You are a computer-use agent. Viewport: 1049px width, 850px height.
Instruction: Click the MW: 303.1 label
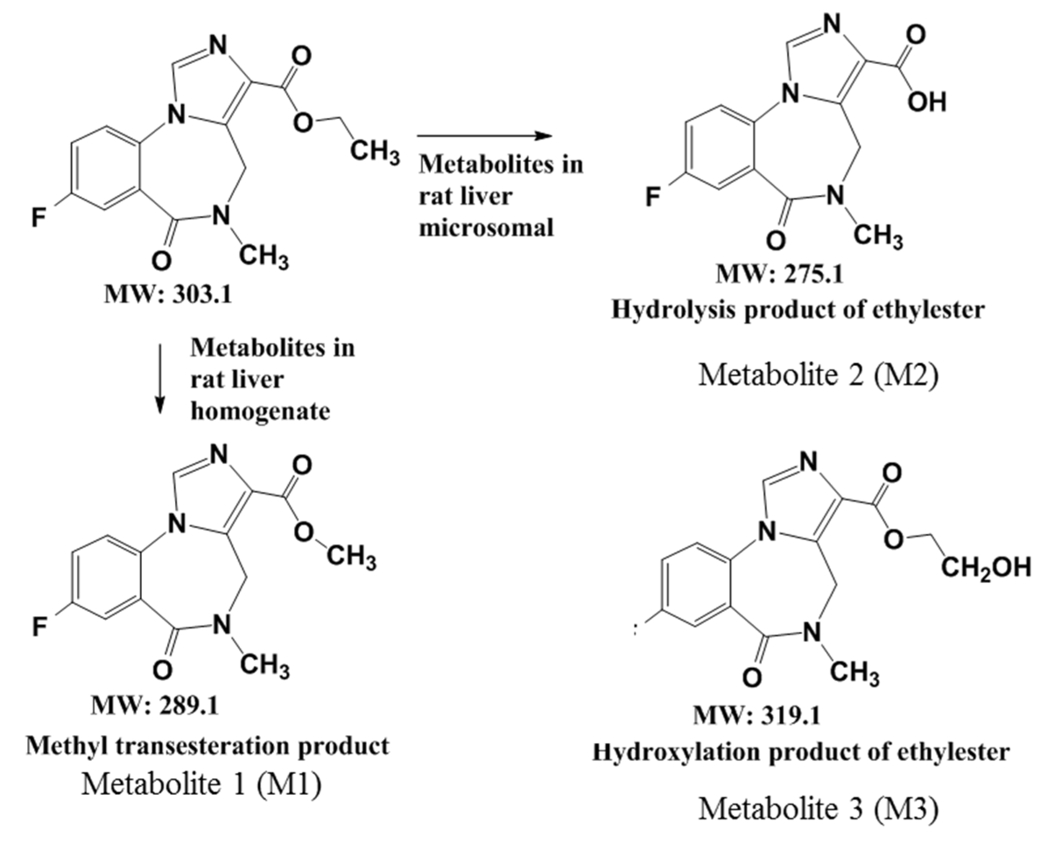168,295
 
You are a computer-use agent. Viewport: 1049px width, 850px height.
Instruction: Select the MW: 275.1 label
780,274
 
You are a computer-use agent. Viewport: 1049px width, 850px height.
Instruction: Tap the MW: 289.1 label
154,706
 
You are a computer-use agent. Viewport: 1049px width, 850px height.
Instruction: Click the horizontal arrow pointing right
484,136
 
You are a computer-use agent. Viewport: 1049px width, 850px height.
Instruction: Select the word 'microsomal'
486,228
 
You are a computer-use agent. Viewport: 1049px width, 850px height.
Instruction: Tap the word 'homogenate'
260,411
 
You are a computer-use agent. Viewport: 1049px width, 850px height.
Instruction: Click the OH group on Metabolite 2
926,102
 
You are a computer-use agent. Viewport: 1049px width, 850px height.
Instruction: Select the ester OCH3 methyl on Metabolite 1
351,558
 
